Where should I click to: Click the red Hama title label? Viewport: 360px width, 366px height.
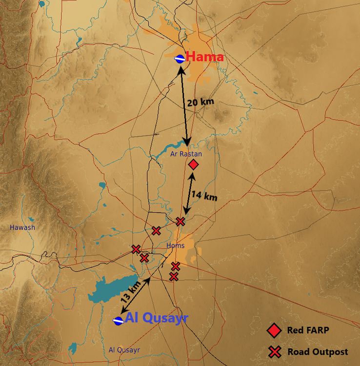pyautogui.click(x=205, y=57)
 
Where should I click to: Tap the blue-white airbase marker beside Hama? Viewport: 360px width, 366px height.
pyautogui.click(x=180, y=59)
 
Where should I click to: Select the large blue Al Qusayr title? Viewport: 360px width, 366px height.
pyautogui.click(x=157, y=318)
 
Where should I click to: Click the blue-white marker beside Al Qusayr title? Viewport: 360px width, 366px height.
pyautogui.click(x=118, y=321)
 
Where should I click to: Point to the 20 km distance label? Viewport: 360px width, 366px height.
pyautogui.click(x=200, y=102)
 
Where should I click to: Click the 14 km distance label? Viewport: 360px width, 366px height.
pyautogui.click(x=204, y=196)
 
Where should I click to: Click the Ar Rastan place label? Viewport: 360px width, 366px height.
pyautogui.click(x=186, y=154)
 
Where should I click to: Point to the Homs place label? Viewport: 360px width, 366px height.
pyautogui.click(x=176, y=245)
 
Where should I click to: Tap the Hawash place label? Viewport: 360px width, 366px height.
pyautogui.click(x=22, y=227)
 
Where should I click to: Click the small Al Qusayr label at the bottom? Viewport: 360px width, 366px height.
pyautogui.click(x=124, y=350)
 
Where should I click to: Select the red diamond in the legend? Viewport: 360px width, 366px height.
pyautogui.click(x=275, y=330)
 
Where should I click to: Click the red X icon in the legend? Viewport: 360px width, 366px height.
pyautogui.click(x=275, y=352)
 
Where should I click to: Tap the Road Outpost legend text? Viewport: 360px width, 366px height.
pyautogui.click(x=318, y=352)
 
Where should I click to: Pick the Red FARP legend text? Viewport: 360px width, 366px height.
pyautogui.click(x=308, y=330)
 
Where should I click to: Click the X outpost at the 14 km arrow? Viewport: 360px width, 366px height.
pyautogui.click(x=180, y=222)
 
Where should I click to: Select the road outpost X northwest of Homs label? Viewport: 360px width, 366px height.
pyautogui.click(x=156, y=230)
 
